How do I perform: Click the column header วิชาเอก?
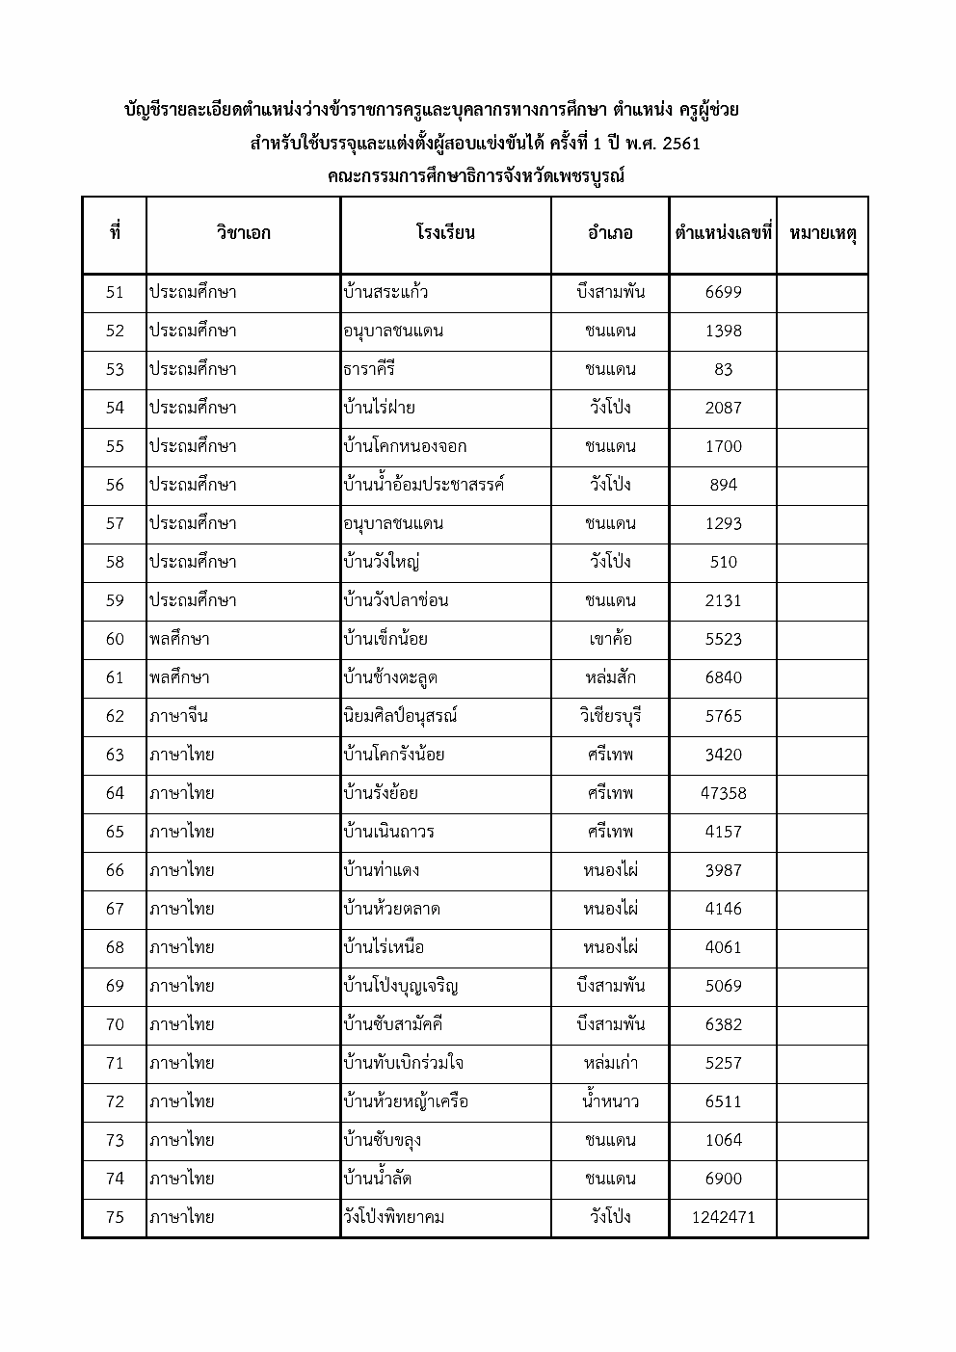[243, 233]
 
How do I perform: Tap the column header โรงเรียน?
[445, 233]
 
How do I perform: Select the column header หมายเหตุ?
[822, 233]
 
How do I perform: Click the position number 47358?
[723, 793]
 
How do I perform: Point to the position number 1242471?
[723, 1217]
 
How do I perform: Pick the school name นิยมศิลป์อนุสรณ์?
[400, 716]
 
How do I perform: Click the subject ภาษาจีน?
[178, 716]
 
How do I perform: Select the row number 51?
[115, 292]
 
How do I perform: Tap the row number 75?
[115, 1217]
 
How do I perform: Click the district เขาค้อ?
[610, 639]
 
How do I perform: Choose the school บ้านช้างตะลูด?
[390, 677]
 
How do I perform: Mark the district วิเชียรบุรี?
[610, 716]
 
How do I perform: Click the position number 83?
[723, 369]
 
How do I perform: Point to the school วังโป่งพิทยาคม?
[393, 1217]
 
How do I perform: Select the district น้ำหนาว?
[610, 1101]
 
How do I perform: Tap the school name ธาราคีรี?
[369, 369]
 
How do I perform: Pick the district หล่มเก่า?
[610, 1063]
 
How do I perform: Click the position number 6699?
[723, 292]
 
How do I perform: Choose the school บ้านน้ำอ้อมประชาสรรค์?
[424, 485]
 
